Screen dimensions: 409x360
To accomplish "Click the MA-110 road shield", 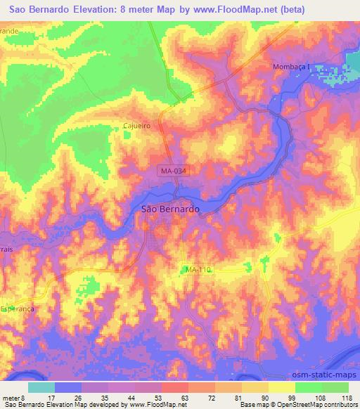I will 198,270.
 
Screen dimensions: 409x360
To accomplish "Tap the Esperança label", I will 17,308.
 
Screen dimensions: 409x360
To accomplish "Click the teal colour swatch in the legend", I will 42,387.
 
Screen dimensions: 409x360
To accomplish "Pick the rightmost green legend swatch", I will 335,387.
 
